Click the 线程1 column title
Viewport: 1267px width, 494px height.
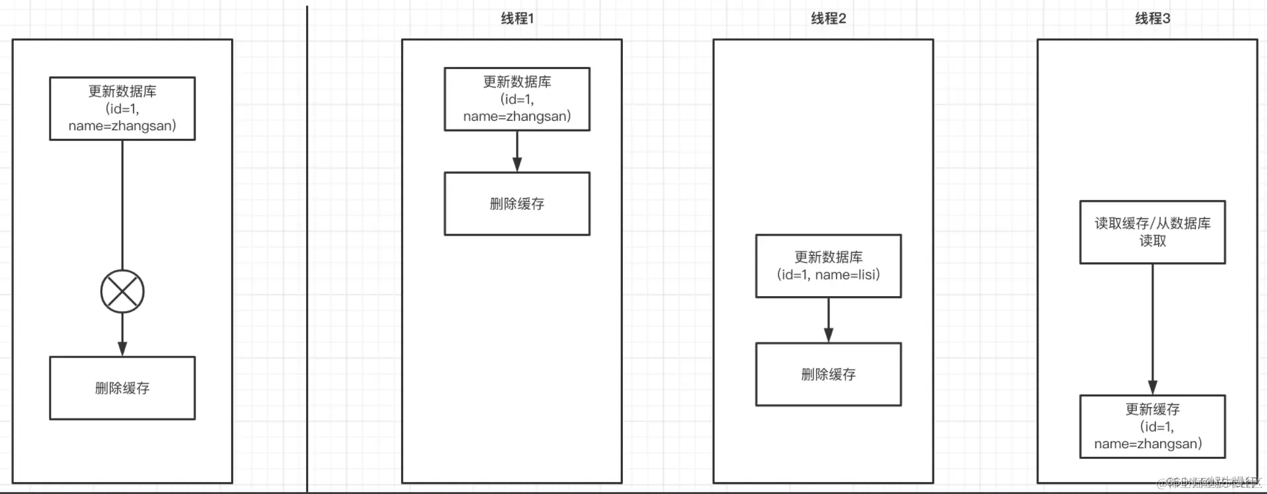517,19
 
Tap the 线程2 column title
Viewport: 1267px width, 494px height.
828,19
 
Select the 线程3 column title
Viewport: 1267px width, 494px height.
1152,19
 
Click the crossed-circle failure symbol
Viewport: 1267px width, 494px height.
122,291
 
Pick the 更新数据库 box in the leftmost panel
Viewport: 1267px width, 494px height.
122,108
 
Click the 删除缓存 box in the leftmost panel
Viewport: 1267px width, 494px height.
122,388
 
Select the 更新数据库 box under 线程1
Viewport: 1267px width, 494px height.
517,99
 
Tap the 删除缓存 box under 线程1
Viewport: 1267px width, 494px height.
517,204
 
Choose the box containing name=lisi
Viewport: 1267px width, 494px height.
828,266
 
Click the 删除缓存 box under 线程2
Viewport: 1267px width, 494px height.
828,374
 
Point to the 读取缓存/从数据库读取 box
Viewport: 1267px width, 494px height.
1152,232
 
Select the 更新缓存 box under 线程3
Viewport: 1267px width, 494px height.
1152,426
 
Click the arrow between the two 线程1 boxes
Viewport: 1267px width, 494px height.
517,151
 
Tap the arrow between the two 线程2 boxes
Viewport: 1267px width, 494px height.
828,319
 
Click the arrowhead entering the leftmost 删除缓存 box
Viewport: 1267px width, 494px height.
122,349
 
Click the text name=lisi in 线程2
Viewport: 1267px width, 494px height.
847,275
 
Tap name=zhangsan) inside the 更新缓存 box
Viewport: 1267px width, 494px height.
1147,444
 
